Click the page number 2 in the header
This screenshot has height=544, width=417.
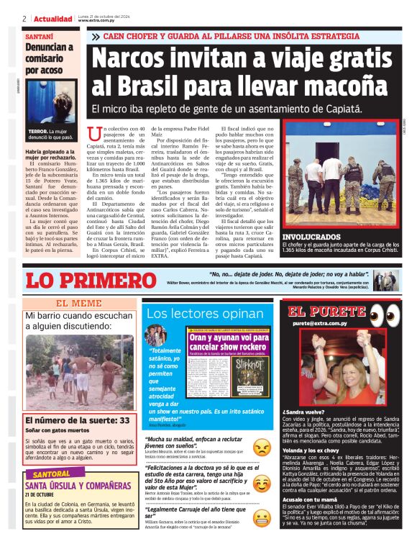[x=25, y=19]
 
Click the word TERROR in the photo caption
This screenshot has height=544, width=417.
[x=38, y=132]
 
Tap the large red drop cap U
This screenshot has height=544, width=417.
[x=92, y=132]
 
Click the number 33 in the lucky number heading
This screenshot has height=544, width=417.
[x=124, y=420]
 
